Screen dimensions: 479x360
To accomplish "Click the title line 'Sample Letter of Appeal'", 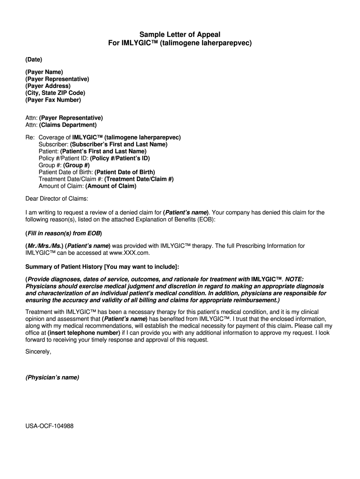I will [x=180, y=35].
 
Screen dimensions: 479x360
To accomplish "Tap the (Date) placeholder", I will [x=34, y=59].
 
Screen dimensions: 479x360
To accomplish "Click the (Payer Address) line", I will [x=48, y=86].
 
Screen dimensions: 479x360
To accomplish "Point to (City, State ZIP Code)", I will [x=55, y=93].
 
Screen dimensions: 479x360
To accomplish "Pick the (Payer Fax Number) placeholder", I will [x=53, y=100].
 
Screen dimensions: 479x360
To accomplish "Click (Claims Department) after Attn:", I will [x=68, y=125].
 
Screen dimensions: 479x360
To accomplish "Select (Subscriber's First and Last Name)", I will [x=118, y=145].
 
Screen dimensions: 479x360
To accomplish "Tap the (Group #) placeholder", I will [x=76, y=165].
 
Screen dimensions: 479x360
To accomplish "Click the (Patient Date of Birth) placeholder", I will [x=125, y=172].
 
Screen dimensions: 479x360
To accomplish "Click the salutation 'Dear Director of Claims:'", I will [x=57, y=199].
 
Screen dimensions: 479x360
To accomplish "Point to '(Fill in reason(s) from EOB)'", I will [x=64, y=233].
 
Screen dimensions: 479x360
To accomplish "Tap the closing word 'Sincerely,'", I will [x=38, y=352].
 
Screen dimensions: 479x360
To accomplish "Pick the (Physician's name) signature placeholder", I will [x=52, y=377].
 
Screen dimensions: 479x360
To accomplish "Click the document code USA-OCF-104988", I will [x=50, y=426].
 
